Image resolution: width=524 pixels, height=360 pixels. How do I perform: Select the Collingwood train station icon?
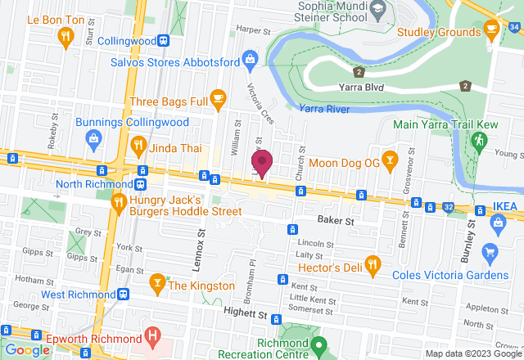(x=165, y=40)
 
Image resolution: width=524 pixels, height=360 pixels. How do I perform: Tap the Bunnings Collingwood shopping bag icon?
(x=95, y=138)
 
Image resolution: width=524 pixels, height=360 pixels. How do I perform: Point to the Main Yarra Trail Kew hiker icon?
(x=479, y=141)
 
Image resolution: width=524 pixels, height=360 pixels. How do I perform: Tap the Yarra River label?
(x=325, y=109)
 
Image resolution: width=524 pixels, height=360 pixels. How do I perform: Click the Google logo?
(x=28, y=350)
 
